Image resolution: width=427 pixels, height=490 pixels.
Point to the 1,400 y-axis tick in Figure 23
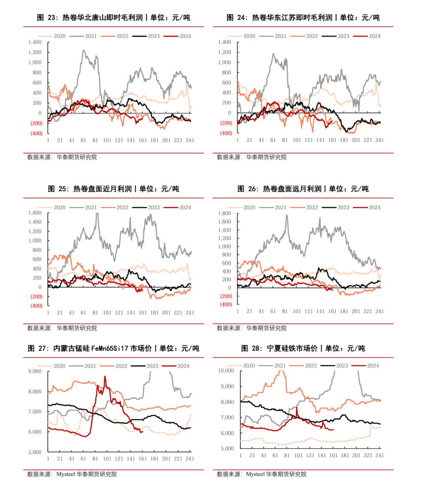click(35, 42)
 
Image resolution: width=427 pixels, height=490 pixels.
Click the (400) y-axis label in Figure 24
click(226, 133)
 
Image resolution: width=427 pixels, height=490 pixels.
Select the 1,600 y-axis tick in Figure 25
click(35, 213)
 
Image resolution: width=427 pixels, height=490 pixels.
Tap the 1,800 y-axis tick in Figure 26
click(225, 213)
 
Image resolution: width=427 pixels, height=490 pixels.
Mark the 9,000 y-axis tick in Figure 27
click(35, 371)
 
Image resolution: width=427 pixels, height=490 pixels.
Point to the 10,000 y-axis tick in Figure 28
click(226, 371)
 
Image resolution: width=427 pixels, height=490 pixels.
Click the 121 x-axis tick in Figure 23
click(119, 140)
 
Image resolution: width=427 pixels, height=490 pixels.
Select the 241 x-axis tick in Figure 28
click(380, 456)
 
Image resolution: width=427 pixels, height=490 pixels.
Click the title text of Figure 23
click(113, 17)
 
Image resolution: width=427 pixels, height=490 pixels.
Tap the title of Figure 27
click(113, 348)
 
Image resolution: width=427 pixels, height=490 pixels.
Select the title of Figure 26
click(303, 189)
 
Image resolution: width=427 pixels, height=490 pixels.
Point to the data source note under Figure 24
click(251, 157)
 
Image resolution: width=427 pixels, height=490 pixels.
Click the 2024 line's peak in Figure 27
click(105, 376)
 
